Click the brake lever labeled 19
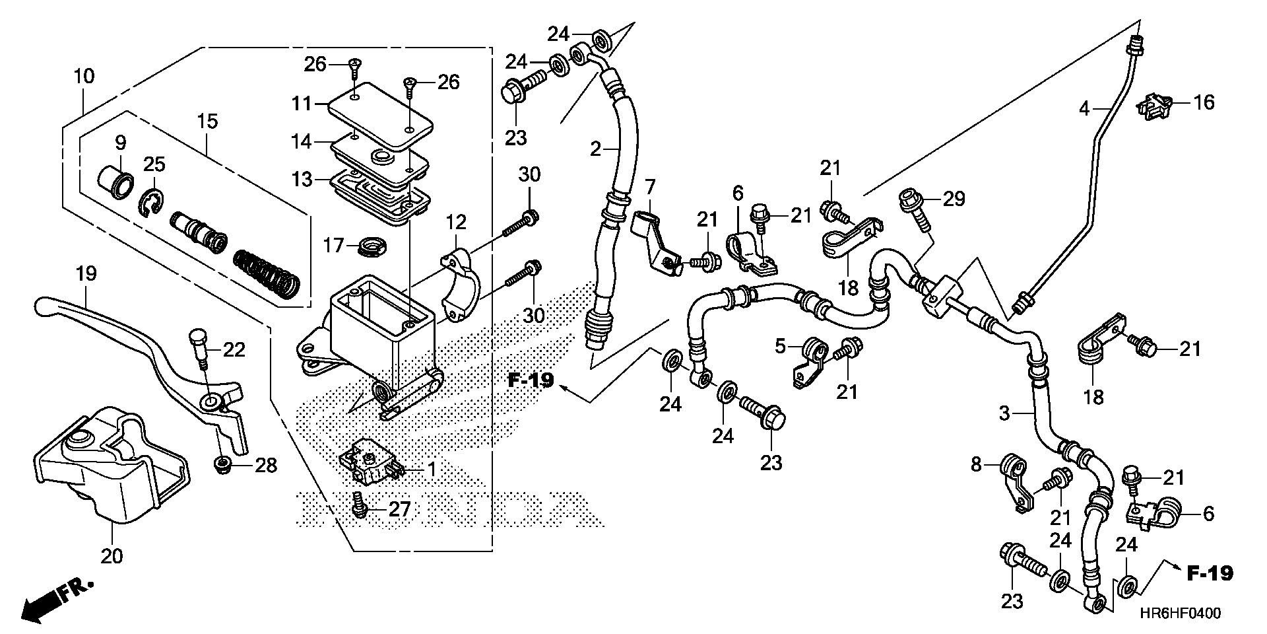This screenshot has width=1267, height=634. pos(132,343)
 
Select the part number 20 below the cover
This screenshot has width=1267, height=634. pos(112,556)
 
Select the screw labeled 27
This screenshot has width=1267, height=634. pos(360,509)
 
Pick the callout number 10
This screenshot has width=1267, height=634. pos(84,76)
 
